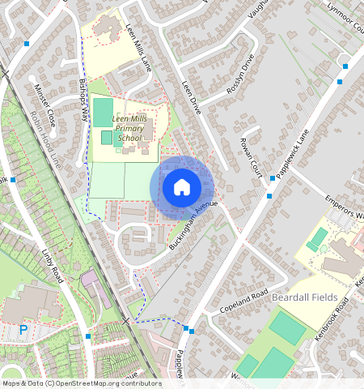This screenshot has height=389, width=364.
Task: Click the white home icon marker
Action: click(182, 187)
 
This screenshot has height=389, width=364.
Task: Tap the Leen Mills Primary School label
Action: click(129, 128)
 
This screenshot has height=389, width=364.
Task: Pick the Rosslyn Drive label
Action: click(240, 75)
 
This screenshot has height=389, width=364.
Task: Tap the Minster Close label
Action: click(44, 105)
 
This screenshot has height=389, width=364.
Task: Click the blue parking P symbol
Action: click(23, 331)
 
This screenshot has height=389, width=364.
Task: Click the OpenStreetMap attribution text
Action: click(82, 383)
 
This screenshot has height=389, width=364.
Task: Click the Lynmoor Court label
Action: click(345, 16)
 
